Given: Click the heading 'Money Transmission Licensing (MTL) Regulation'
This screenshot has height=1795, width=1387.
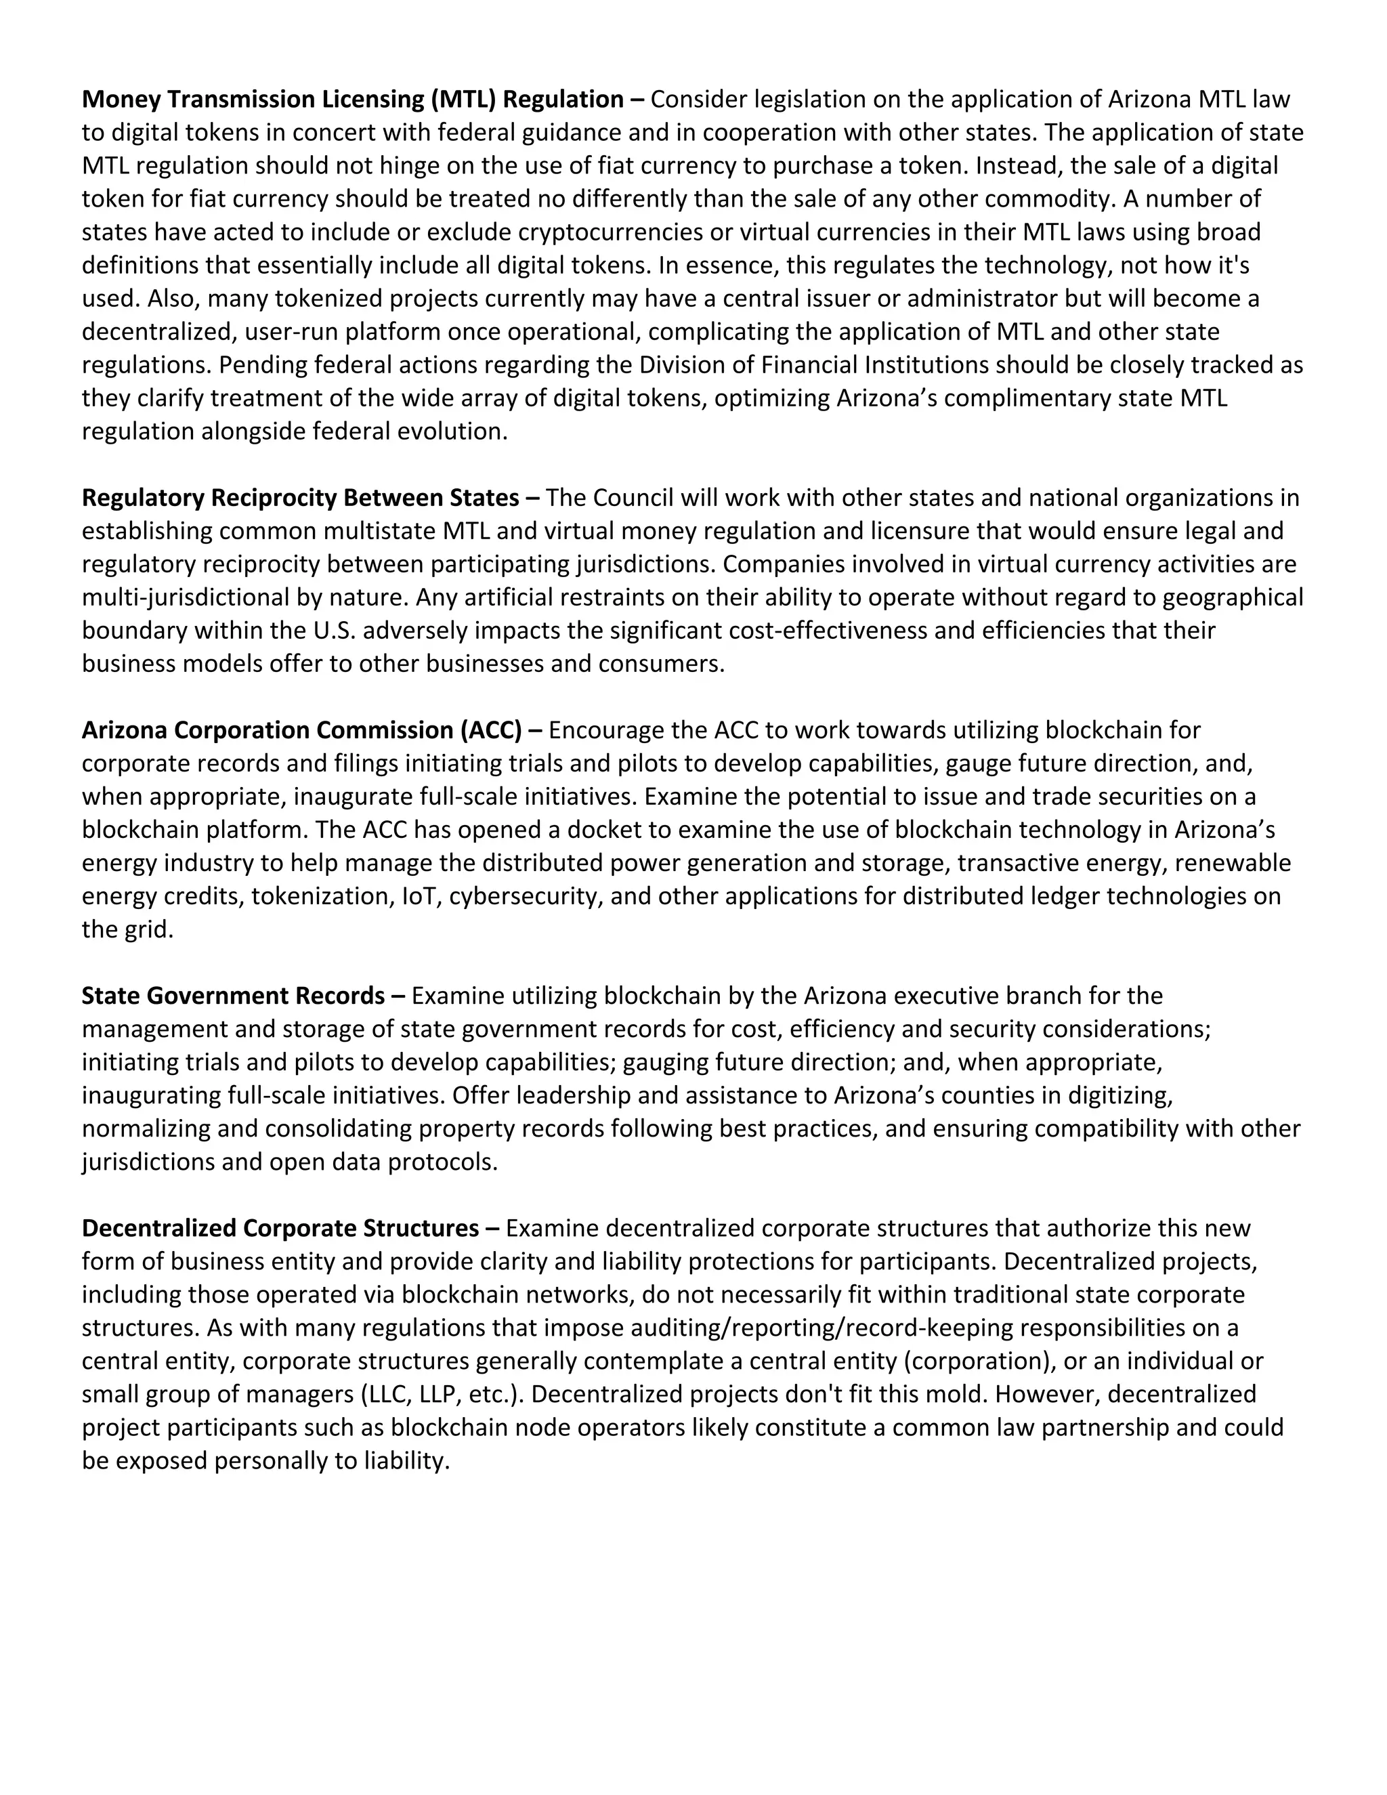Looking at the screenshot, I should pos(354,100).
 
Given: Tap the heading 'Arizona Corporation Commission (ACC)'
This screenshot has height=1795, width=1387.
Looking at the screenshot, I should pos(301,730).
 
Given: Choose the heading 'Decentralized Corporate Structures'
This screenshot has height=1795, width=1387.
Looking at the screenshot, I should pos(280,1228).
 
